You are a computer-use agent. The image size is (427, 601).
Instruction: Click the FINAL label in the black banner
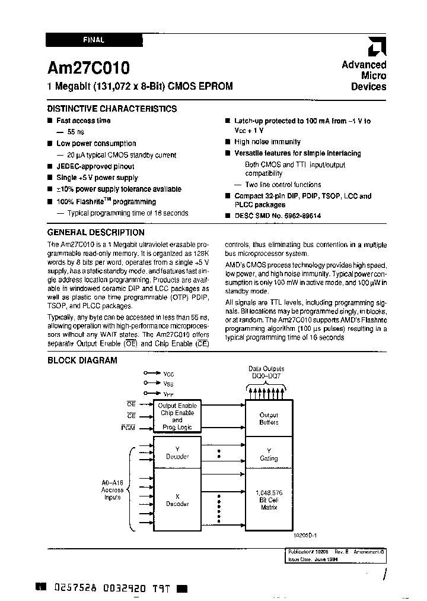pos(94,40)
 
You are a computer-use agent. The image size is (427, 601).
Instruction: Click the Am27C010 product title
pos(88,67)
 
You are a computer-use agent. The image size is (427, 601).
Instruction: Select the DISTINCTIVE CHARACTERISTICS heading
pos(111,109)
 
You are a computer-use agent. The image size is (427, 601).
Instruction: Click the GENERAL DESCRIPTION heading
pos(95,233)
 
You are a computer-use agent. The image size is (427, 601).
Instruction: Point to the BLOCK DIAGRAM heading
pos(82,360)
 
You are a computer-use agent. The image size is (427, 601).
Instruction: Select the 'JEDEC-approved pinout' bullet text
pos(95,166)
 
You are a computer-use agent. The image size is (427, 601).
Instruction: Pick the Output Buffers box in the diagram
pos(269,419)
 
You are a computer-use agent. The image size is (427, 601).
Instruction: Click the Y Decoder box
pos(177,453)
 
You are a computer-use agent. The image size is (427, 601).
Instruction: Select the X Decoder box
pos(177,500)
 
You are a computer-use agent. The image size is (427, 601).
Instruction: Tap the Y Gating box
pos(269,454)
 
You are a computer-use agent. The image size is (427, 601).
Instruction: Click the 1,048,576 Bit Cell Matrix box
pos(269,500)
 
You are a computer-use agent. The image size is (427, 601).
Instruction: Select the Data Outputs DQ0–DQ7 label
pos(266,372)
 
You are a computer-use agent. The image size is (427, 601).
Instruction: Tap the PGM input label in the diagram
pos(128,428)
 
